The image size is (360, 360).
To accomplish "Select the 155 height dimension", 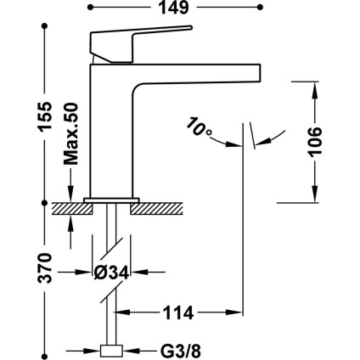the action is tap(45, 116).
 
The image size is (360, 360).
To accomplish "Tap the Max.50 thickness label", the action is tap(70, 134).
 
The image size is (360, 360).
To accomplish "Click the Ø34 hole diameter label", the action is tap(111, 273).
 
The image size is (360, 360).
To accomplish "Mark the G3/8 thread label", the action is tap(181, 352).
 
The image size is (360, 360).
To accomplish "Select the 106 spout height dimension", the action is tap(315, 142).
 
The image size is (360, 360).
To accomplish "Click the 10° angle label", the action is tap(199, 127).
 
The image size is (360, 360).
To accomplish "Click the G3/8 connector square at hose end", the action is tap(112, 351).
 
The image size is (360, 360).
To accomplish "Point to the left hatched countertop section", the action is tap(72, 208).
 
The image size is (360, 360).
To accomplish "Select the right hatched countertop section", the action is tap(156, 208).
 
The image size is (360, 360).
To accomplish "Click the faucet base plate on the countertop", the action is tap(111, 200).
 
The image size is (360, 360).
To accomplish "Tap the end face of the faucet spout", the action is tap(260, 72).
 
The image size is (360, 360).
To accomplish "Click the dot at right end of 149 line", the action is tap(260, 8).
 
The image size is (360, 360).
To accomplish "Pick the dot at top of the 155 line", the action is tap(44, 25).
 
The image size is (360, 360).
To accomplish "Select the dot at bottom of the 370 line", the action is tap(44, 357).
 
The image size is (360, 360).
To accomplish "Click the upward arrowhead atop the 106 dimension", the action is tap(314, 90).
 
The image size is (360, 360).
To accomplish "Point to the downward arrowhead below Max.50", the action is tap(70, 194).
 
